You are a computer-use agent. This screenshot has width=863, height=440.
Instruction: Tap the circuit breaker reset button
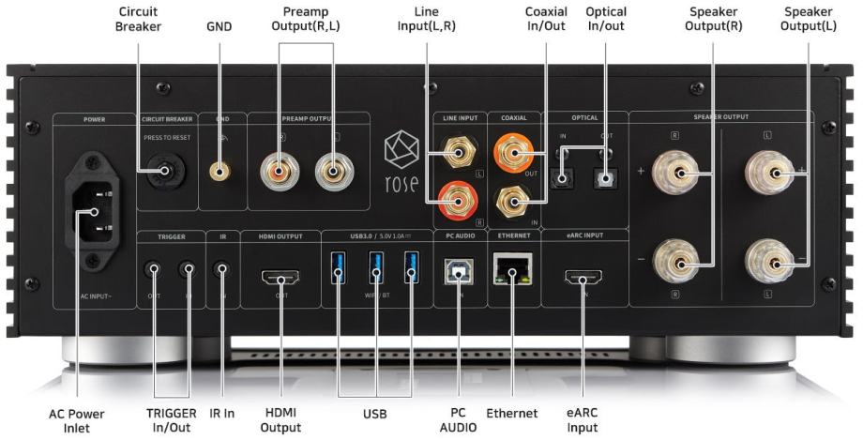click(x=170, y=171)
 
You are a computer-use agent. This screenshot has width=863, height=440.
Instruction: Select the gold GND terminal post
click(x=221, y=172)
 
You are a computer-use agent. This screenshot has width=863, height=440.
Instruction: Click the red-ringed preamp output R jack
click(x=280, y=171)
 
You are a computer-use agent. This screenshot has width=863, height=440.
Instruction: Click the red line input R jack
click(x=455, y=197)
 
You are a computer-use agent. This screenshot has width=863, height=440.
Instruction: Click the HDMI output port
click(x=280, y=277)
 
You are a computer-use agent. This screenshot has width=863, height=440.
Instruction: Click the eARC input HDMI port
click(x=583, y=277)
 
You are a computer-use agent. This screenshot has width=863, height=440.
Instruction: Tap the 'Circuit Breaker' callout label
click(x=139, y=18)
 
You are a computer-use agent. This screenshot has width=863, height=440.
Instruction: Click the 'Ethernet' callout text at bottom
click(x=512, y=413)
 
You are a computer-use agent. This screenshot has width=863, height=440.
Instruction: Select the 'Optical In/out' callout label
click(x=606, y=18)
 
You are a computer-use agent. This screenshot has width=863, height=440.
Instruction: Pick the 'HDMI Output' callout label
click(x=280, y=420)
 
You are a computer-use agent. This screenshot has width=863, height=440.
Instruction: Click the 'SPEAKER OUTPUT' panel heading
click(x=721, y=117)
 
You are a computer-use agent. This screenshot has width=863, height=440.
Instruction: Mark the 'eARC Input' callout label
click(x=583, y=420)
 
